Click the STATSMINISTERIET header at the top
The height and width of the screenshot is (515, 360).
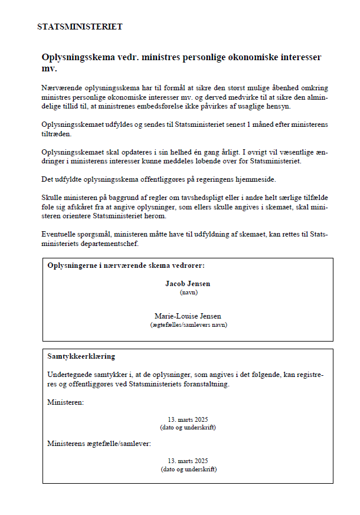80,27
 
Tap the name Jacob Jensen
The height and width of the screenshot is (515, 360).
188,284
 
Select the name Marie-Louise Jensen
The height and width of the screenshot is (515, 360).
188,316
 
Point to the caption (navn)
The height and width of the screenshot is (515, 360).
188,292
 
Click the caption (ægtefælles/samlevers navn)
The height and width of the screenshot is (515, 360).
188,324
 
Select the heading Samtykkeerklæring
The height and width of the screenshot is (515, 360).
81,357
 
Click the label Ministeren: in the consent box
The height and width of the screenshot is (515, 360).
66,402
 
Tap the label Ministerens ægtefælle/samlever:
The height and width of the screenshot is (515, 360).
99,443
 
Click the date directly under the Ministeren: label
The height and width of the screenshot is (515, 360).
188,419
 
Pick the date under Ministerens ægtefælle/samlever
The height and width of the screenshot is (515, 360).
188,461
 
